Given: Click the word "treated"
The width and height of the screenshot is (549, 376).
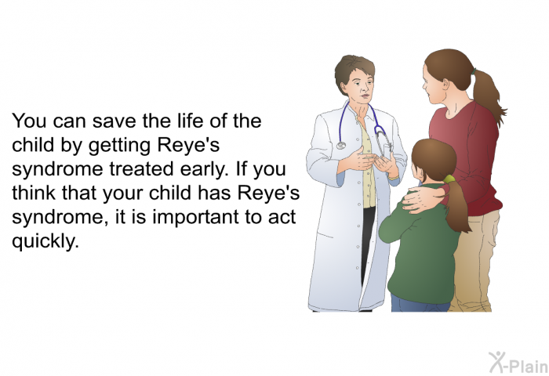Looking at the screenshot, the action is tap(142, 169).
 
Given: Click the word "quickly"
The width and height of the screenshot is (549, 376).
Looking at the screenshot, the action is tap(45, 241).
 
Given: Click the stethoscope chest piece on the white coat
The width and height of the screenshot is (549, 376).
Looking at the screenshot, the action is tap(340, 145).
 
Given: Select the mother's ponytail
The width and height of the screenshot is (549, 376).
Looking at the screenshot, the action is tap(489, 95).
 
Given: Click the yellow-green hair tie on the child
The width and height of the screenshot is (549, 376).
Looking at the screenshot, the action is tap(449, 179).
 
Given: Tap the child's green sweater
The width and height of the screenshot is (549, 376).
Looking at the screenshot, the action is tap(420, 245).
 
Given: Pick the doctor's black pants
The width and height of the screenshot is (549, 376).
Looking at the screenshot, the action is tap(366, 241).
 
